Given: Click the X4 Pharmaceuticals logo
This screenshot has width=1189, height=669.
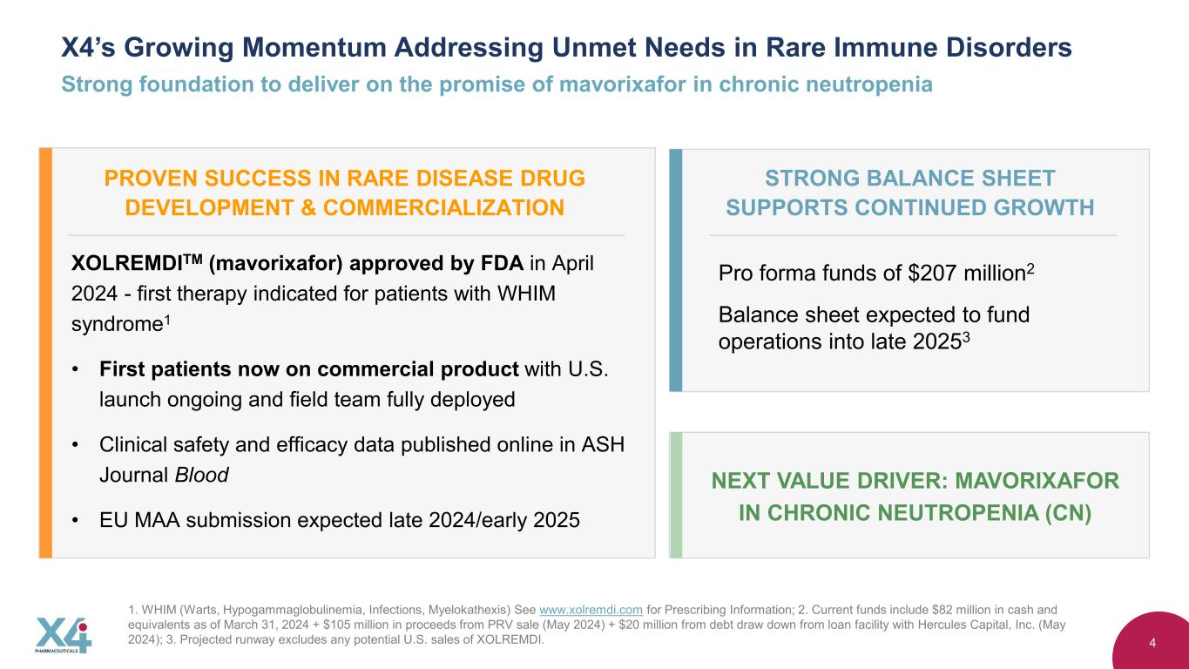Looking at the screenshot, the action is tap(64, 635).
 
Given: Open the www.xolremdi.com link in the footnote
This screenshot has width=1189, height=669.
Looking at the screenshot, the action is tap(591, 610).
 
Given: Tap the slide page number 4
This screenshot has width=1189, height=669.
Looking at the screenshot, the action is tap(1152, 643).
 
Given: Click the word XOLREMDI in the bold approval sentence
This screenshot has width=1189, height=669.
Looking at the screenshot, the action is tap(127, 264).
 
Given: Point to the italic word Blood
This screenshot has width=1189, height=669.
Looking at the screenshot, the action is tap(202, 475).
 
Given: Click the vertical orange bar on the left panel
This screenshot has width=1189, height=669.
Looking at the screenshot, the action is tap(45, 353).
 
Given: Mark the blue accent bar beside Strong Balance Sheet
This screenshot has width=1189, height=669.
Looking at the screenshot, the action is tap(676, 270).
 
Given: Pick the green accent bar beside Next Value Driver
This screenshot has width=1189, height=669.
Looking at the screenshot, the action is tap(676, 496).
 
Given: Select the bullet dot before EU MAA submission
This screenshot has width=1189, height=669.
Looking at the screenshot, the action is tap(76, 521).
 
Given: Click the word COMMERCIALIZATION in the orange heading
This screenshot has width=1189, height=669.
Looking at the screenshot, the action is tap(443, 207).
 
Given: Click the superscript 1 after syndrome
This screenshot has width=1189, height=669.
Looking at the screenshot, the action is tap(167, 320).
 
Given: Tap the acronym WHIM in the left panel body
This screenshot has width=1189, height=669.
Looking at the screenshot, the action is tap(526, 294).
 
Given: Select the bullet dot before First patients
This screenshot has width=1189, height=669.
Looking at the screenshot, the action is tap(76, 369).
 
